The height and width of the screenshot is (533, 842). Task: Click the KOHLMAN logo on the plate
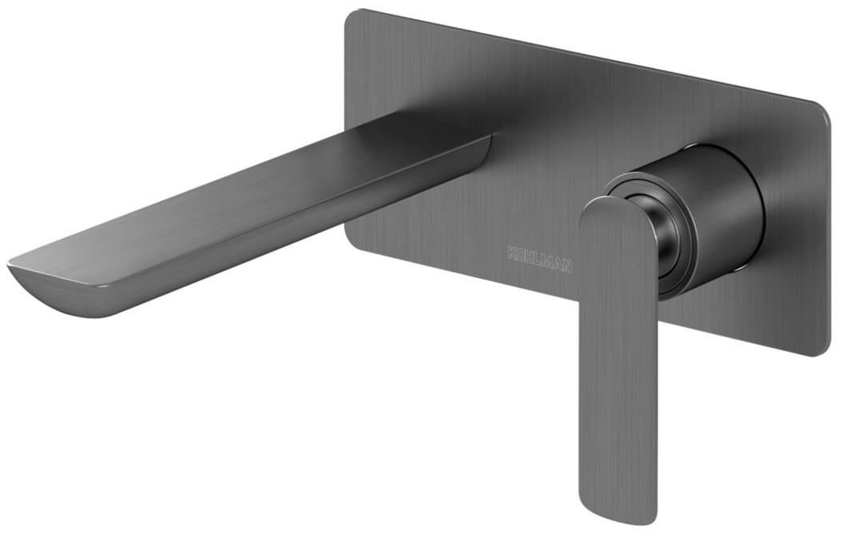click(539, 260)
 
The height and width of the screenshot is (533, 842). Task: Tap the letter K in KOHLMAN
click(511, 253)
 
